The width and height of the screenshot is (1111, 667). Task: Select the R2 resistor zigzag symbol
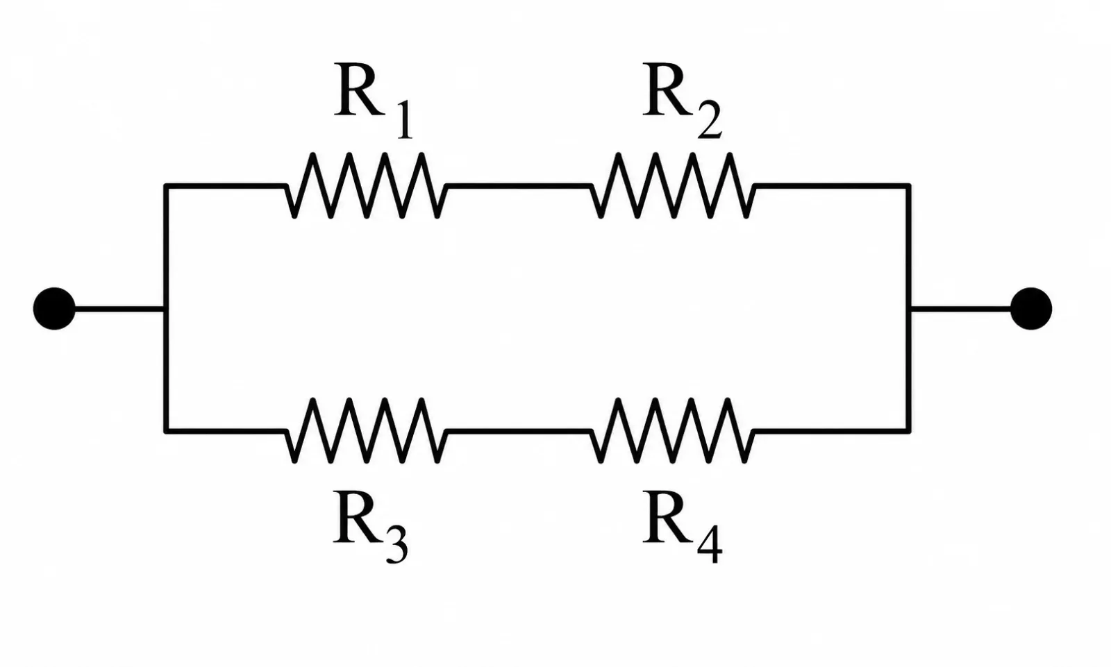tap(673, 185)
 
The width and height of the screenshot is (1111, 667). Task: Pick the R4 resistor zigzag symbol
tap(673, 431)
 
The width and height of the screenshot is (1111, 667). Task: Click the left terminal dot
tap(54, 308)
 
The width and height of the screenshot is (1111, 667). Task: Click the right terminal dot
tap(1031, 308)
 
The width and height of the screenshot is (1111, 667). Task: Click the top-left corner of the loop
tap(167, 186)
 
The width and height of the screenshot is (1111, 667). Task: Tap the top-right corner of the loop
tap(909, 186)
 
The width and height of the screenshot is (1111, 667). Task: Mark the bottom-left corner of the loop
tap(167, 431)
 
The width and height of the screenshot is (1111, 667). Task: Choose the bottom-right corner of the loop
tap(909, 431)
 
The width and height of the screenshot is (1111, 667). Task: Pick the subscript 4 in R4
tap(710, 546)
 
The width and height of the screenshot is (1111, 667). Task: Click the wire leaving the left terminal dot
tap(119, 309)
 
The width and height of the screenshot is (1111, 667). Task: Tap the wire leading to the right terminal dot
tap(961, 309)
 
